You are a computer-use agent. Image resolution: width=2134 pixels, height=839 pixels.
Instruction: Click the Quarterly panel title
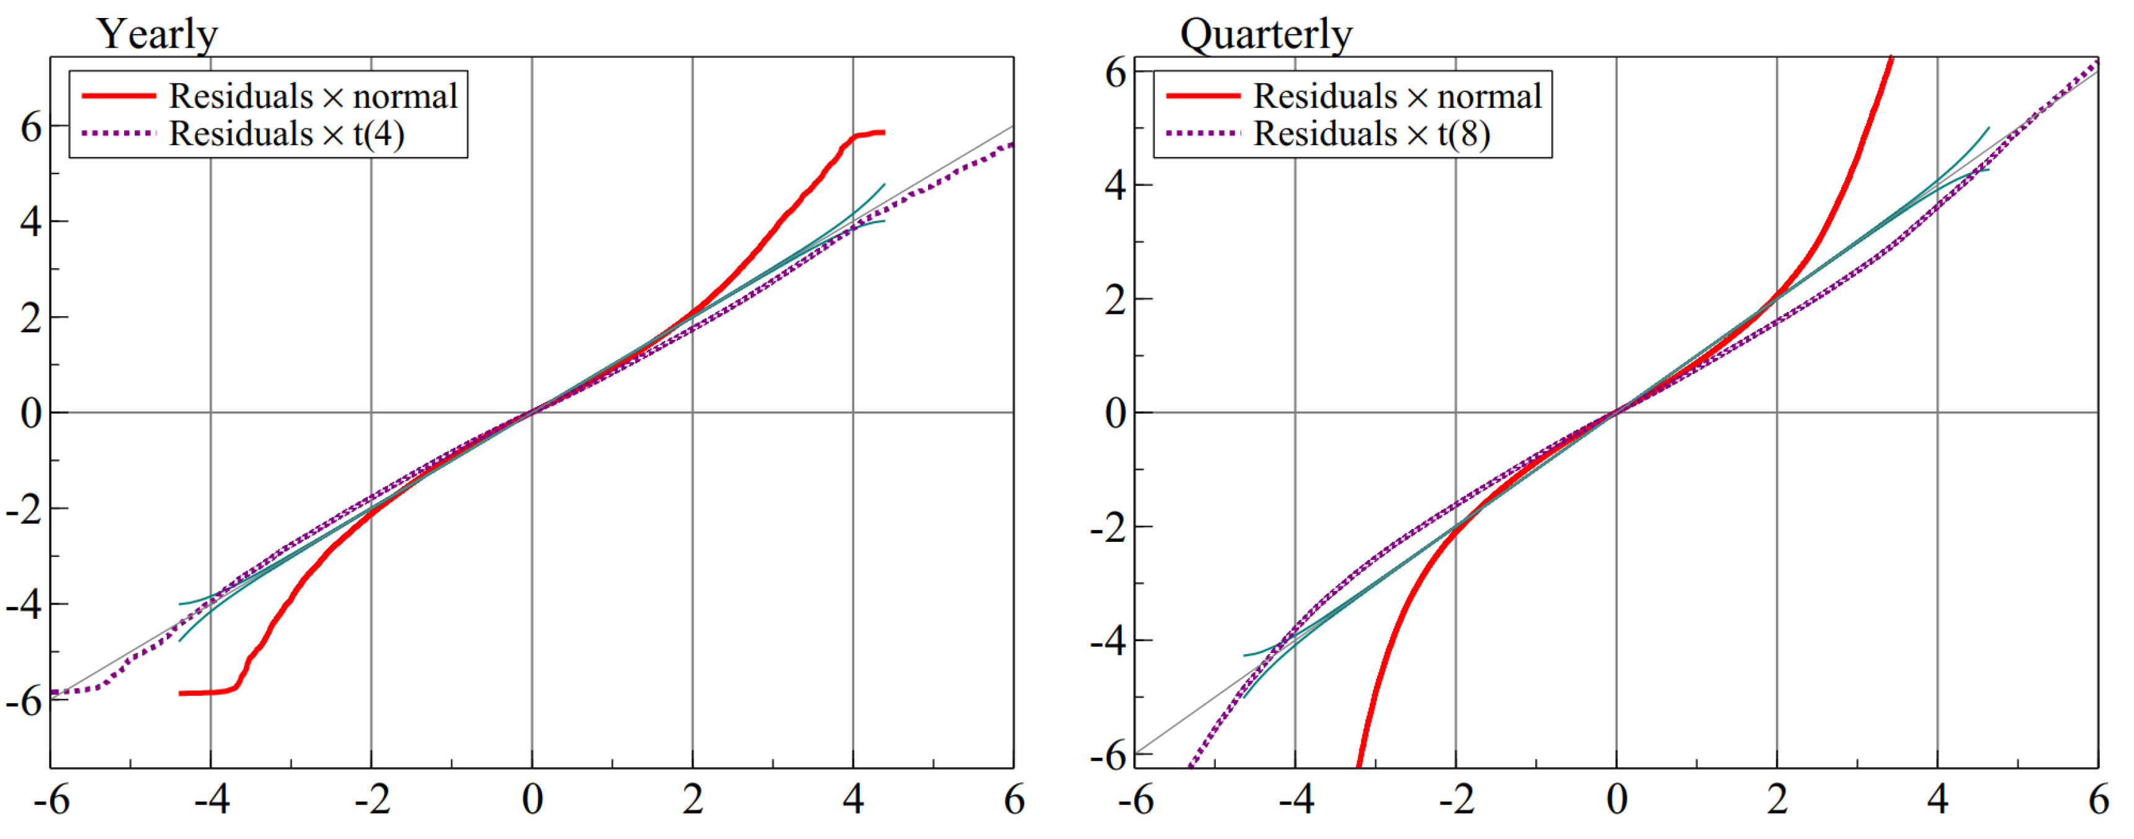(x=1265, y=35)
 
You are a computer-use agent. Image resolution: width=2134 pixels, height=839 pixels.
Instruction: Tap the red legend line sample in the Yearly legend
(x=118, y=96)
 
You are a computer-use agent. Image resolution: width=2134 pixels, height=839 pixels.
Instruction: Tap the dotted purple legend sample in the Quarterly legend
(x=1203, y=133)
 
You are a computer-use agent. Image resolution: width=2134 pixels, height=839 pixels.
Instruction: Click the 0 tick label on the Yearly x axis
(x=532, y=800)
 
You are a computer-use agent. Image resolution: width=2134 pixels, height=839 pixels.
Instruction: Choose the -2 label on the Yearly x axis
(x=372, y=800)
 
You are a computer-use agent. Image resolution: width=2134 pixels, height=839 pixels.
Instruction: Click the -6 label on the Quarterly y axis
(x=1107, y=755)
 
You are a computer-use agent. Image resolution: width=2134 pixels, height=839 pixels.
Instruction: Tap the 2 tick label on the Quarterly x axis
(x=1777, y=800)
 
